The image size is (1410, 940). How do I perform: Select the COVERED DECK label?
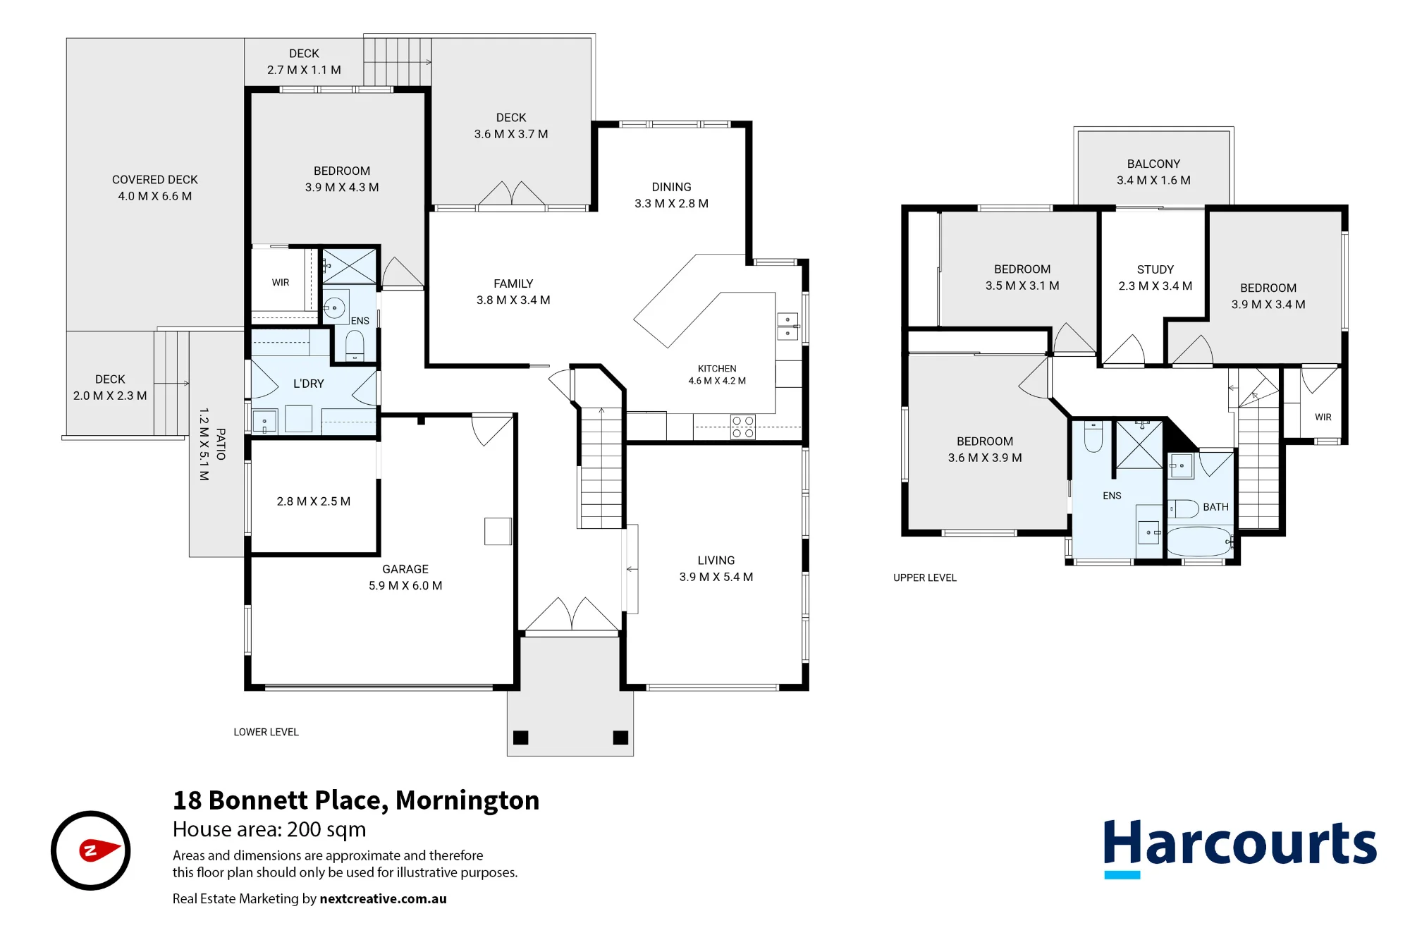(155, 180)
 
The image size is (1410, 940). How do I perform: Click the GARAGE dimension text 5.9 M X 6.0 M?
(405, 585)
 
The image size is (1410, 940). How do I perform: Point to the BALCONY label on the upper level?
(1153, 164)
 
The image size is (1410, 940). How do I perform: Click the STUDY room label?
(1155, 269)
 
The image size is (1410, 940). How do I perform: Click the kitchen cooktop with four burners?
(742, 427)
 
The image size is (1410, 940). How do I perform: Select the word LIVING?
(716, 560)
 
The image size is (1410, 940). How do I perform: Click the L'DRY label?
(309, 384)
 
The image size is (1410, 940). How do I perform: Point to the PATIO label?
(221, 444)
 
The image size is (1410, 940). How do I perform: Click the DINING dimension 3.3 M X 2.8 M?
(671, 203)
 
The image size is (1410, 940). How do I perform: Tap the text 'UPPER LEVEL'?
(925, 578)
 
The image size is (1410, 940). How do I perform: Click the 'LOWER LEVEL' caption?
(266, 732)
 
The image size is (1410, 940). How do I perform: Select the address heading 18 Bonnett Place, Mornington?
(356, 800)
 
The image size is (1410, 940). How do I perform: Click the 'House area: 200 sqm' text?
(269, 829)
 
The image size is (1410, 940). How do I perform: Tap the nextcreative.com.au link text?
(383, 898)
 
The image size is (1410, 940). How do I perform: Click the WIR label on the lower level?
(281, 283)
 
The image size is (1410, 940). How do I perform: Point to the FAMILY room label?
(513, 283)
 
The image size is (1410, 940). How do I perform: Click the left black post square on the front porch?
(520, 738)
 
